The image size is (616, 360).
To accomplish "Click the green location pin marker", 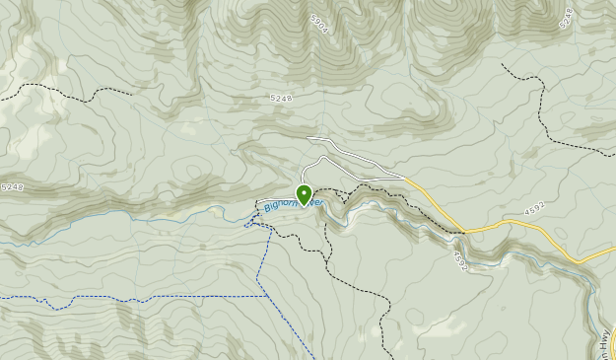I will pos(304,194).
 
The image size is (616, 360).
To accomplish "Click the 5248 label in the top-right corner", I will pos(566,17).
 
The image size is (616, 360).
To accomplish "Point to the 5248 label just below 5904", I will pos(281,99).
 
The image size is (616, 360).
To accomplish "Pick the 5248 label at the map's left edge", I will pos(12,187).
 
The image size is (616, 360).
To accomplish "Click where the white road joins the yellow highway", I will pos(405,179).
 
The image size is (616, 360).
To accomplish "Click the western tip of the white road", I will pos(308,139).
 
